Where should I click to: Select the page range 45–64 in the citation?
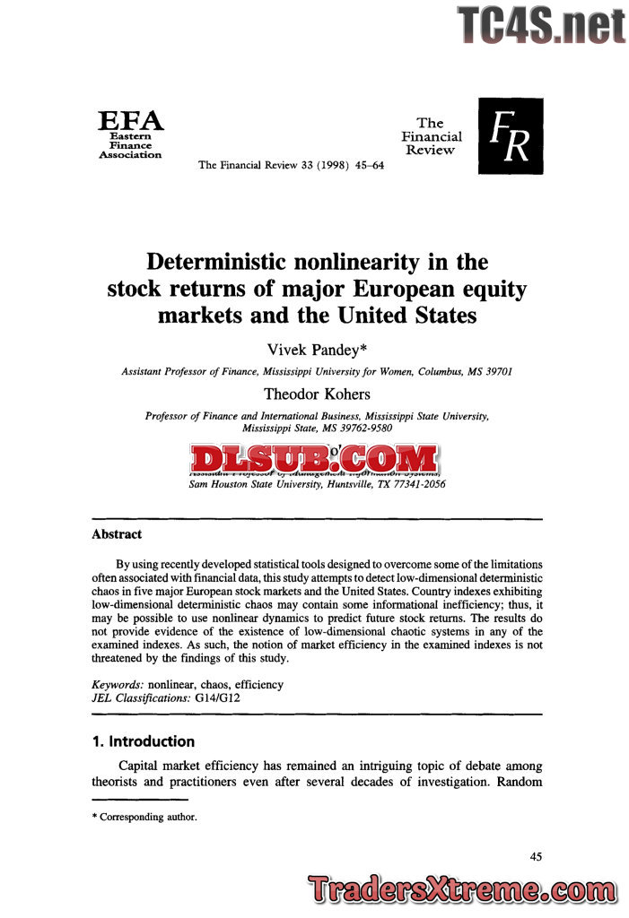click(x=366, y=165)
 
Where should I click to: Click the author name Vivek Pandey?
click(x=313, y=351)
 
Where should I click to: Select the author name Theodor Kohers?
click(x=317, y=394)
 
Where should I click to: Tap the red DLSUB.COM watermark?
click(x=315, y=459)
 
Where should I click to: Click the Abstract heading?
click(x=117, y=534)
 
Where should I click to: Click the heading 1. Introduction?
click(x=143, y=741)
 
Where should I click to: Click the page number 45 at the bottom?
click(x=536, y=857)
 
